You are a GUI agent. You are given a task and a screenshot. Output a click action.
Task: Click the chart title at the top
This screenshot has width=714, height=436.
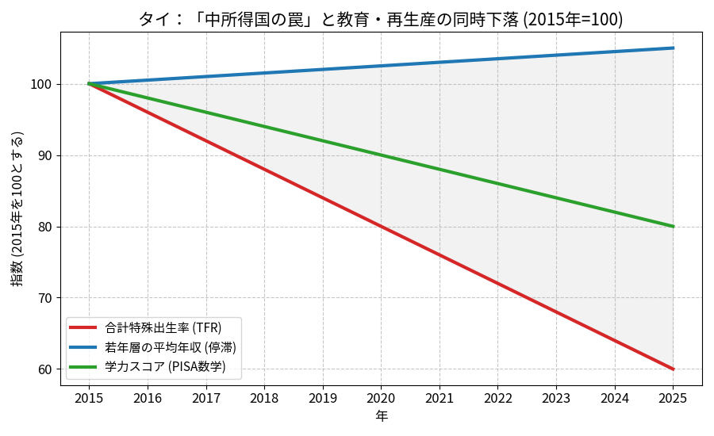[381, 19]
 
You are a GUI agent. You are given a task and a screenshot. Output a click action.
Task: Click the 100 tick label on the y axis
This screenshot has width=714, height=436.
[43, 84]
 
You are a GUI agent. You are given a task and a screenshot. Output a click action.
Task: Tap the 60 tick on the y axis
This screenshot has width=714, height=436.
[46, 369]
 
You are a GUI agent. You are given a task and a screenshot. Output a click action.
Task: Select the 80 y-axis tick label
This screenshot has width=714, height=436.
[46, 227]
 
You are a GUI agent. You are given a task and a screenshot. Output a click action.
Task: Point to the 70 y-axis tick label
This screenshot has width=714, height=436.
[46, 298]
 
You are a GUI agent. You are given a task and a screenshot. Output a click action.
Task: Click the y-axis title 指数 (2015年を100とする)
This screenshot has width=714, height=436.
[17, 208]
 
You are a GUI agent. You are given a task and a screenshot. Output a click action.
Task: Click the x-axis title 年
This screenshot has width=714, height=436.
[382, 415]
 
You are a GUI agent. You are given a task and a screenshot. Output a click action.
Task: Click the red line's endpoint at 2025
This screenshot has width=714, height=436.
[673, 369]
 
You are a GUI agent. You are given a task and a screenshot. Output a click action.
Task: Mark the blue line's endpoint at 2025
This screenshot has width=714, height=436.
[673, 48]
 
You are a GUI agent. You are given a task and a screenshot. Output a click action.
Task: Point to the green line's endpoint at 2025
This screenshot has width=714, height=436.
[673, 227]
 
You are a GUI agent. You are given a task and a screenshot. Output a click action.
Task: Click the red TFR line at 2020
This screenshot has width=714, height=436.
[381, 227]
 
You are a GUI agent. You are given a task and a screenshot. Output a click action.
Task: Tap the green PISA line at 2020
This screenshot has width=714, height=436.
[381, 155]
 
